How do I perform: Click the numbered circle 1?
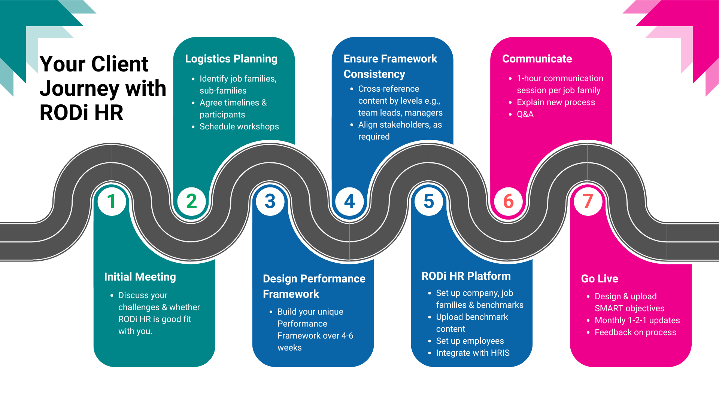112,201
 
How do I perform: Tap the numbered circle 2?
191,201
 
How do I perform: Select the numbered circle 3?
270,201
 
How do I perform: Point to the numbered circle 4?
349,201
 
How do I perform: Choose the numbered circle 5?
429,201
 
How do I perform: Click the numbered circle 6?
508,201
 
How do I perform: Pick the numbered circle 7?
588,201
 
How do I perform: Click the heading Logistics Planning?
231,59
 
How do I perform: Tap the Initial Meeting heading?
140,277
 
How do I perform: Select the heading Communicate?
537,59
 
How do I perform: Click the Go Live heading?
599,279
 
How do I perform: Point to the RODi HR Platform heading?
466,276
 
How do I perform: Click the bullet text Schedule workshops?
239,126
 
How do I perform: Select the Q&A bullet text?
525,114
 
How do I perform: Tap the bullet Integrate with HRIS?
473,353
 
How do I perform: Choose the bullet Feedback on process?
635,332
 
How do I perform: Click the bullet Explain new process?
556,102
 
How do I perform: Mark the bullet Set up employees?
470,341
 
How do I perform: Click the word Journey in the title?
79,89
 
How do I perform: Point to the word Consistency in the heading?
374,74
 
